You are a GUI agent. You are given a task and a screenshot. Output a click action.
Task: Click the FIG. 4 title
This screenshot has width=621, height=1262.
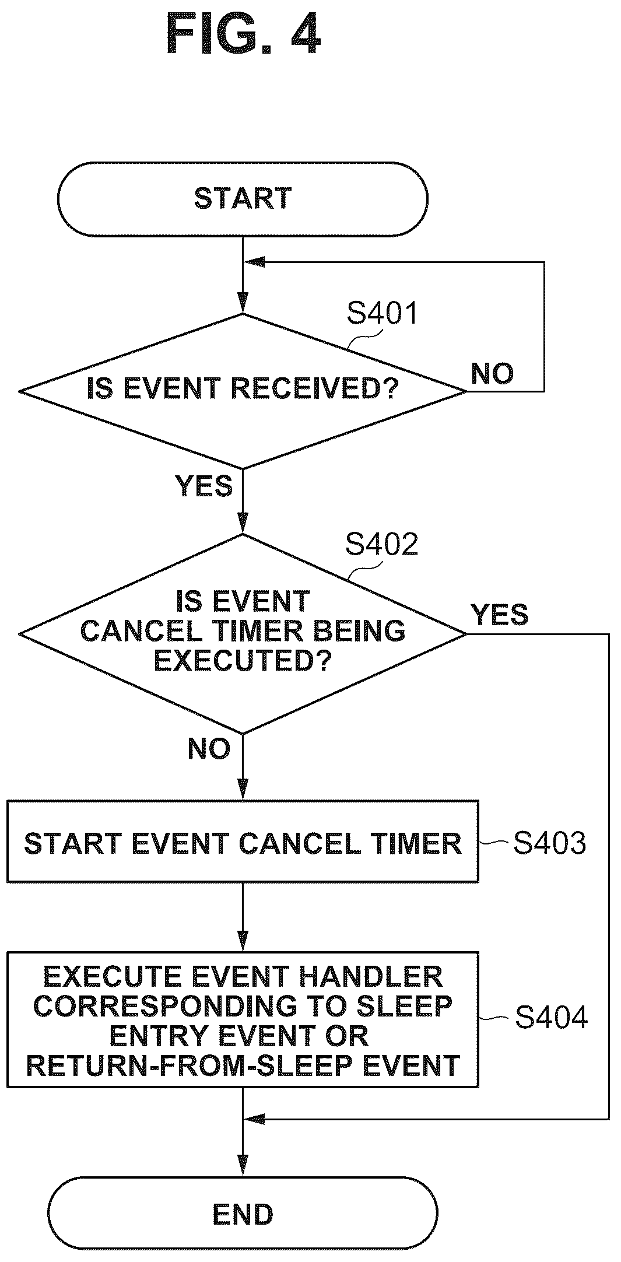tap(243, 34)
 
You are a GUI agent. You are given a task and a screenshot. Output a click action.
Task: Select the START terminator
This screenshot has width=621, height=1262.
tap(243, 199)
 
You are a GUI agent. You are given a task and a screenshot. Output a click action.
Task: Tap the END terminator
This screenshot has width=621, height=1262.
tap(243, 1214)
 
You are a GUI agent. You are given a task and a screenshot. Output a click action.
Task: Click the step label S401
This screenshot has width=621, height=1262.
tap(383, 313)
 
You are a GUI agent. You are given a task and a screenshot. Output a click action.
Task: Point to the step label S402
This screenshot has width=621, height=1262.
tap(382, 544)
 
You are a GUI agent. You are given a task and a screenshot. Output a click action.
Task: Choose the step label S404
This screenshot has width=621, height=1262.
tap(551, 1017)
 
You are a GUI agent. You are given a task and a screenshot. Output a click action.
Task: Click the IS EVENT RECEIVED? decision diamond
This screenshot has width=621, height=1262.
tap(243, 391)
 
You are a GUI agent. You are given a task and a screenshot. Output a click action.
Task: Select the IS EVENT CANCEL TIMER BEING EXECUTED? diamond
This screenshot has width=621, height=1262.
tap(243, 633)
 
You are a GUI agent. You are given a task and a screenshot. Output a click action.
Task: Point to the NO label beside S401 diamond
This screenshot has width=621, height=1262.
tap(493, 373)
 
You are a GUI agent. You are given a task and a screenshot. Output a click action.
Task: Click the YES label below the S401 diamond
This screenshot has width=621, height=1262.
tap(204, 486)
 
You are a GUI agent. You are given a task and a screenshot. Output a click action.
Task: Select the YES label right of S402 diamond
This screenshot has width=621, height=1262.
tap(500, 615)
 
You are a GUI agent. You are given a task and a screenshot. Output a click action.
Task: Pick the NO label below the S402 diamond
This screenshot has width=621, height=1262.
tap(209, 748)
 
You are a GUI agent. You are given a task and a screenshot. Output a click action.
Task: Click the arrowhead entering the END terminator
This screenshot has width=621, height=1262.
tap(243, 1168)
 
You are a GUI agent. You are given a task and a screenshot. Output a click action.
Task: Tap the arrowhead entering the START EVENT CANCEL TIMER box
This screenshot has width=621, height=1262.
tap(243, 791)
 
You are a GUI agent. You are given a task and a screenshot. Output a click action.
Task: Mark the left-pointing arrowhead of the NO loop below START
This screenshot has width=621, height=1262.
tap(254, 262)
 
